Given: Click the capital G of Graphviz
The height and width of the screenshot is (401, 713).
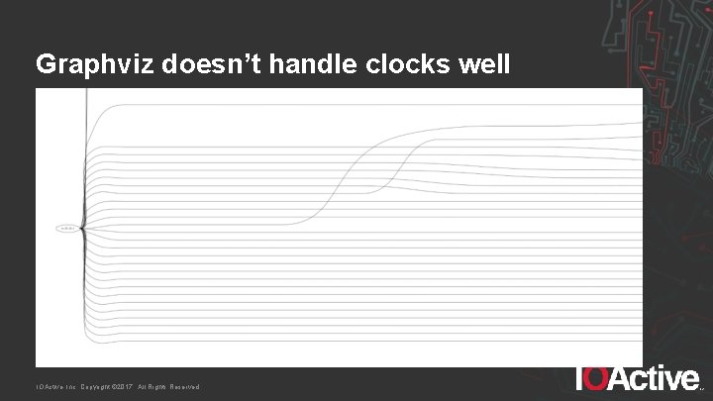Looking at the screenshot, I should point(46,64).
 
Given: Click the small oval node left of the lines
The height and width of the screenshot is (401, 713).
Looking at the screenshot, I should point(66,228).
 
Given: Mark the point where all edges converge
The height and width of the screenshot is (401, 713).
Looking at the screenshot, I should point(83,228).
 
